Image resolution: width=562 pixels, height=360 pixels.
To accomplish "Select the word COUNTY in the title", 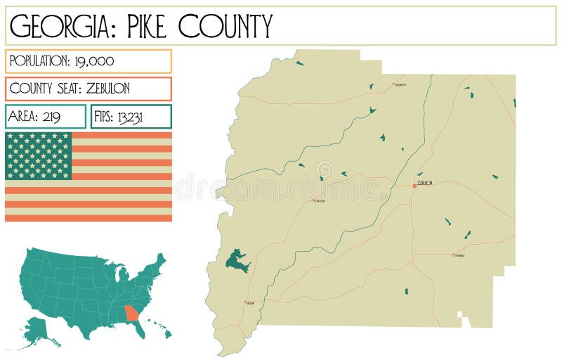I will [224, 26].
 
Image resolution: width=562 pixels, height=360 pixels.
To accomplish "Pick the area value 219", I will [51, 117].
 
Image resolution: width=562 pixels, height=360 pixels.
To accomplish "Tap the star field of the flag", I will [38, 155].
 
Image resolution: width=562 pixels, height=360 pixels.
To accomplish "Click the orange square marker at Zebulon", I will [414, 186].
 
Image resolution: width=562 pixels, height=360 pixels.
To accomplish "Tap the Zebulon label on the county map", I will [424, 182].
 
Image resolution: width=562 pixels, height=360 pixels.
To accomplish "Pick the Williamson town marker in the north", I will [393, 84].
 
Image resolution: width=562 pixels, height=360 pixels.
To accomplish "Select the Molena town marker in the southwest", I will [245, 302].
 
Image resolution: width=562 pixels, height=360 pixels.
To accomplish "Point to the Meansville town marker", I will [453, 255].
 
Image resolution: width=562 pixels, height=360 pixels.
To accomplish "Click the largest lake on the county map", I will [237, 260].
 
